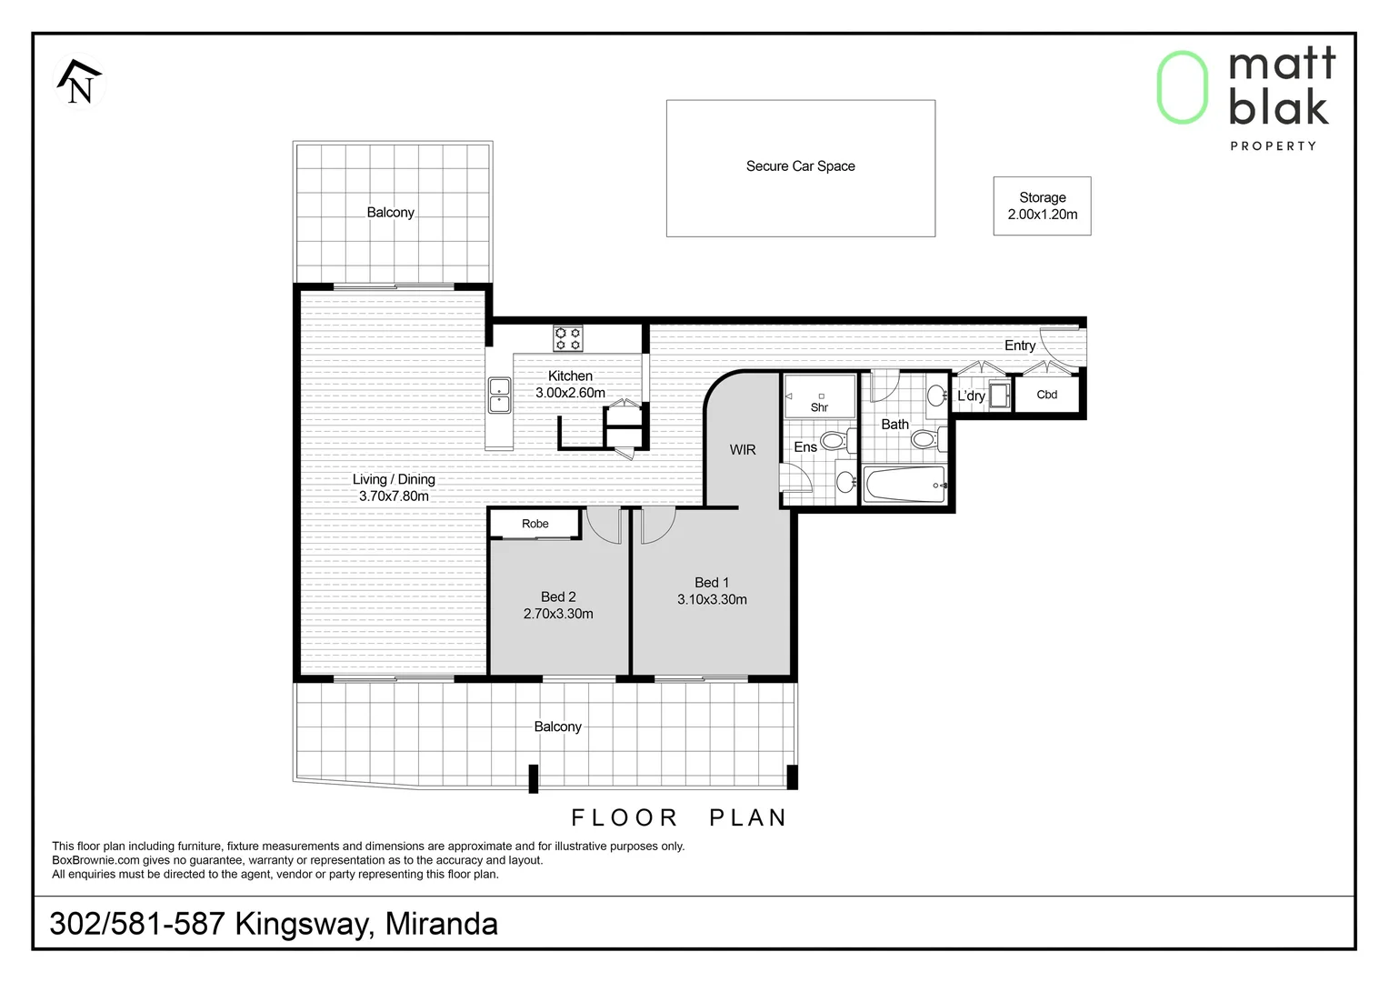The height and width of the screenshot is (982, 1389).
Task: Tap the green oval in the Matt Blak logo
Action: coord(1182,87)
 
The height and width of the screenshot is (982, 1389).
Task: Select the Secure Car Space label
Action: coord(800,166)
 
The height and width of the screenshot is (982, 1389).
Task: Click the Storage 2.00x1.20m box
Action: coord(1042,206)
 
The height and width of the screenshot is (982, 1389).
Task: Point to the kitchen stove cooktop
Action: coord(568,339)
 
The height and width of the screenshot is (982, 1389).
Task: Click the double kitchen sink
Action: coord(499,395)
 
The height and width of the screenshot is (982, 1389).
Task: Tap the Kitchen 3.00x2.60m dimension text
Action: coord(570,393)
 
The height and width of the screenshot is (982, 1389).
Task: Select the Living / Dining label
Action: coord(394,479)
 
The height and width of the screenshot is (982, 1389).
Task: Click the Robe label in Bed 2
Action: coord(535,524)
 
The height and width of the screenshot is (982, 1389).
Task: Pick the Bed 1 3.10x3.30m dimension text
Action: coord(712,599)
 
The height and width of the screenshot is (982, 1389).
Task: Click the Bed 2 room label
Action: coord(558,596)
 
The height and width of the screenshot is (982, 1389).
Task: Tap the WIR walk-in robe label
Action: coord(743,450)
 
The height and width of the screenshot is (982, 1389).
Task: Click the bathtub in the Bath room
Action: coord(905,485)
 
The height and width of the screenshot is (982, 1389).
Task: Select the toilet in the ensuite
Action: coord(834,442)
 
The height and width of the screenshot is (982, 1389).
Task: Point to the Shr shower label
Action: coord(819,407)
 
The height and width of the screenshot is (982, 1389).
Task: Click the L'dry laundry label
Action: coord(971,396)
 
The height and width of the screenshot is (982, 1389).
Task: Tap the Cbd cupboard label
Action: coord(1047,395)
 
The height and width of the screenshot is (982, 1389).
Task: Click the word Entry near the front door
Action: coord(1020,346)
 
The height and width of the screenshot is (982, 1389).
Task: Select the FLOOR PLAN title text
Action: coord(679,818)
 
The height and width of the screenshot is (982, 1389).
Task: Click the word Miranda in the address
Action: coord(442,924)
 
